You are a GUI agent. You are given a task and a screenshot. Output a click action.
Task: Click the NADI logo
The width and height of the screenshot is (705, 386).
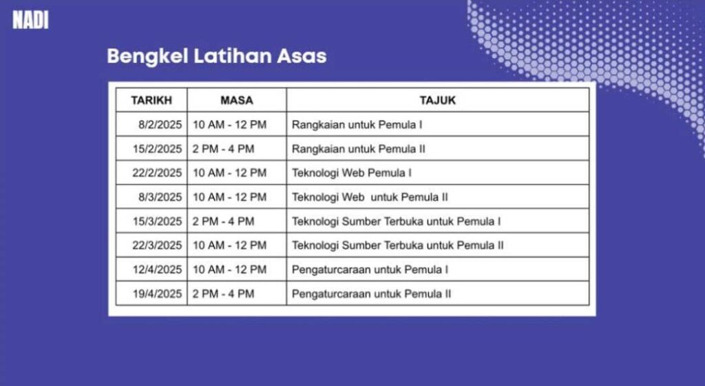coord(30,20)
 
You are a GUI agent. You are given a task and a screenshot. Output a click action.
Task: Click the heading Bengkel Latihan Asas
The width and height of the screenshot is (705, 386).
coord(217,57)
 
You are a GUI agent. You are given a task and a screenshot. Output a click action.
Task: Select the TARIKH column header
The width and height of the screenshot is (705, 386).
coord(151,101)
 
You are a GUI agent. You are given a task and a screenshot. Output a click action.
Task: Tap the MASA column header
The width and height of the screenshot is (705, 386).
coord(237,101)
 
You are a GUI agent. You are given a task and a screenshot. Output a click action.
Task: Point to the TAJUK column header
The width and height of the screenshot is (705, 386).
coord(437,101)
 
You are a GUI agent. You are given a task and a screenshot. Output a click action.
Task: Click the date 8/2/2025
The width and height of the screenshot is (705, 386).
coord(160,125)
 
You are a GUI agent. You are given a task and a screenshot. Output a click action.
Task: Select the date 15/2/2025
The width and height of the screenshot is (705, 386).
coord(158,149)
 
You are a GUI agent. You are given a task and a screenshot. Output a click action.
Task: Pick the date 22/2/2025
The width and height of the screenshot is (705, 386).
coord(157,173)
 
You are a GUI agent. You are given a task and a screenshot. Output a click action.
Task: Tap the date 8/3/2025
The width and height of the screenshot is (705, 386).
coord(160,197)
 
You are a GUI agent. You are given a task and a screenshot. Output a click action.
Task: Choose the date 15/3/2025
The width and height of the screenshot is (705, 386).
coord(158,221)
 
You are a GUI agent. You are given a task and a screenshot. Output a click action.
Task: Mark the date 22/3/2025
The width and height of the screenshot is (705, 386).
coord(157,245)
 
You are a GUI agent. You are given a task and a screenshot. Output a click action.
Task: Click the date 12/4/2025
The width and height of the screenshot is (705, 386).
coord(158,270)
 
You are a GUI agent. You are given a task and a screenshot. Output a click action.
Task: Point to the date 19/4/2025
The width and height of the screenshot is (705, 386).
coord(158,294)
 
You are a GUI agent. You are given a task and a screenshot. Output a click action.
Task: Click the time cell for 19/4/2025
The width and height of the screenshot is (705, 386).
coord(224,294)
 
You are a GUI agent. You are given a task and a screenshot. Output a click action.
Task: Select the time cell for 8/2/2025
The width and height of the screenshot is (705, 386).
coord(230,125)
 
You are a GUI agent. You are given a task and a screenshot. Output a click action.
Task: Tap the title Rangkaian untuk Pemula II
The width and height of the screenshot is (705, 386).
coord(358,149)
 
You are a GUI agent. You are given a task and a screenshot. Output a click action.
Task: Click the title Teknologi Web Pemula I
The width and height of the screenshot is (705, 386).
coord(352,173)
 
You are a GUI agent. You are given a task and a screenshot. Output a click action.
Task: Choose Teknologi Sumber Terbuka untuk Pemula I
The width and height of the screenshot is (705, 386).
coord(396,221)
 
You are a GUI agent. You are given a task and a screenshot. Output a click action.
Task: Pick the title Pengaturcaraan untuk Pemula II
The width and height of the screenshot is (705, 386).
coord(371,294)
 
